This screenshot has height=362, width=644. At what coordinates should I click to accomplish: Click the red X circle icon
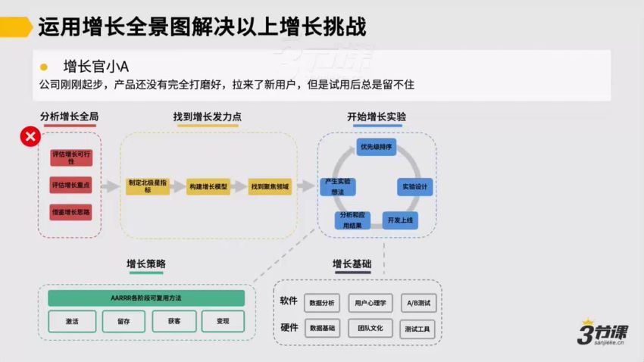[30, 137]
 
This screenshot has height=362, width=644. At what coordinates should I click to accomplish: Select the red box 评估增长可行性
[70, 158]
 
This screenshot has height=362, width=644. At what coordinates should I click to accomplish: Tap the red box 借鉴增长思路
[70, 213]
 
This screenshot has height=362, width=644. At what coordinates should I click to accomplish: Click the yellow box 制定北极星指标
[148, 186]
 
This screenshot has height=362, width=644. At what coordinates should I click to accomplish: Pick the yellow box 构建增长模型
[208, 186]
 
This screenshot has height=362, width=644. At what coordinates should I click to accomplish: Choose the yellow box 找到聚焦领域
[269, 186]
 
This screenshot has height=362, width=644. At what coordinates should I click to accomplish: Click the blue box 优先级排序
[377, 147]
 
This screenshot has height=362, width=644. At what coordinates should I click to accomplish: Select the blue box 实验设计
[414, 186]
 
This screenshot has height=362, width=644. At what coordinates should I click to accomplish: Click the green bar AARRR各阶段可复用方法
[146, 298]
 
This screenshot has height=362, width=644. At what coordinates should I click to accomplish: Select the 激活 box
[72, 321]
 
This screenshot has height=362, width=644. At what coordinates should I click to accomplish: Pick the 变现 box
[223, 321]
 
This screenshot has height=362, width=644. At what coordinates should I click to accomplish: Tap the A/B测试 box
[417, 303]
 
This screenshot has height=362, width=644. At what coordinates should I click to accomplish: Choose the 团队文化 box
[370, 329]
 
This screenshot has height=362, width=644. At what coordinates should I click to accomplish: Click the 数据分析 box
[323, 303]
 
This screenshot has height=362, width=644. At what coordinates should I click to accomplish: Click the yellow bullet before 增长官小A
[44, 67]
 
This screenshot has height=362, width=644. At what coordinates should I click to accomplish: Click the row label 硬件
[289, 328]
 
